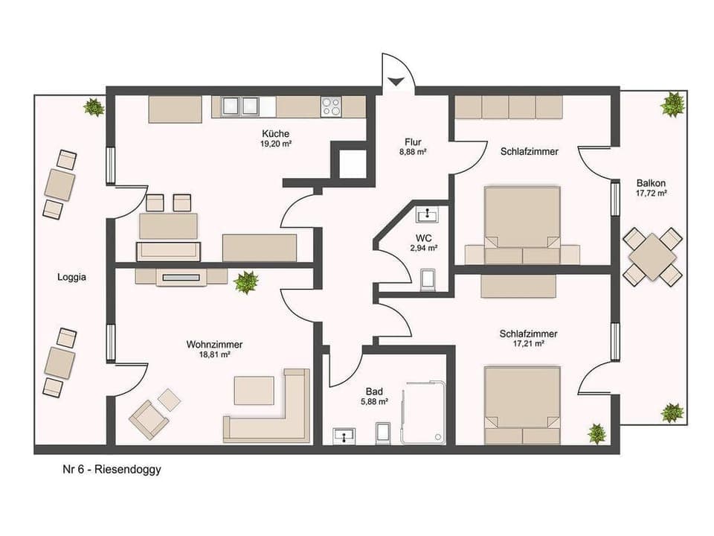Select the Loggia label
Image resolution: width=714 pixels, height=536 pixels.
(x=72, y=278)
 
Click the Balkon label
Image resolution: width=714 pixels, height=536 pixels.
(x=651, y=182)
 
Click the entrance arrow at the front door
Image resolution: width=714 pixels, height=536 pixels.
(x=396, y=81)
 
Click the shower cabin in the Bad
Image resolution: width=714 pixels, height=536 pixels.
(x=425, y=415)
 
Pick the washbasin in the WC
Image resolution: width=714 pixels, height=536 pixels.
(x=427, y=215)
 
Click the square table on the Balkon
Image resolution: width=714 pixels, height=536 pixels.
(x=652, y=257)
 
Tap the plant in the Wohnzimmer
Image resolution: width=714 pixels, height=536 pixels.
(x=245, y=282)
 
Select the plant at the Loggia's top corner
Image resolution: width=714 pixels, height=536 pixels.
(x=94, y=107)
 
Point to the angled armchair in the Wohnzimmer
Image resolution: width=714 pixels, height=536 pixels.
(x=148, y=419)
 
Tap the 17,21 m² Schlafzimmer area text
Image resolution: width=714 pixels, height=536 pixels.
(x=528, y=344)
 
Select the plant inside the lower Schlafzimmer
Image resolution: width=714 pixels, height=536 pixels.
(x=596, y=433)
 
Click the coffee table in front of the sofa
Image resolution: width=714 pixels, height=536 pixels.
(x=254, y=389)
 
